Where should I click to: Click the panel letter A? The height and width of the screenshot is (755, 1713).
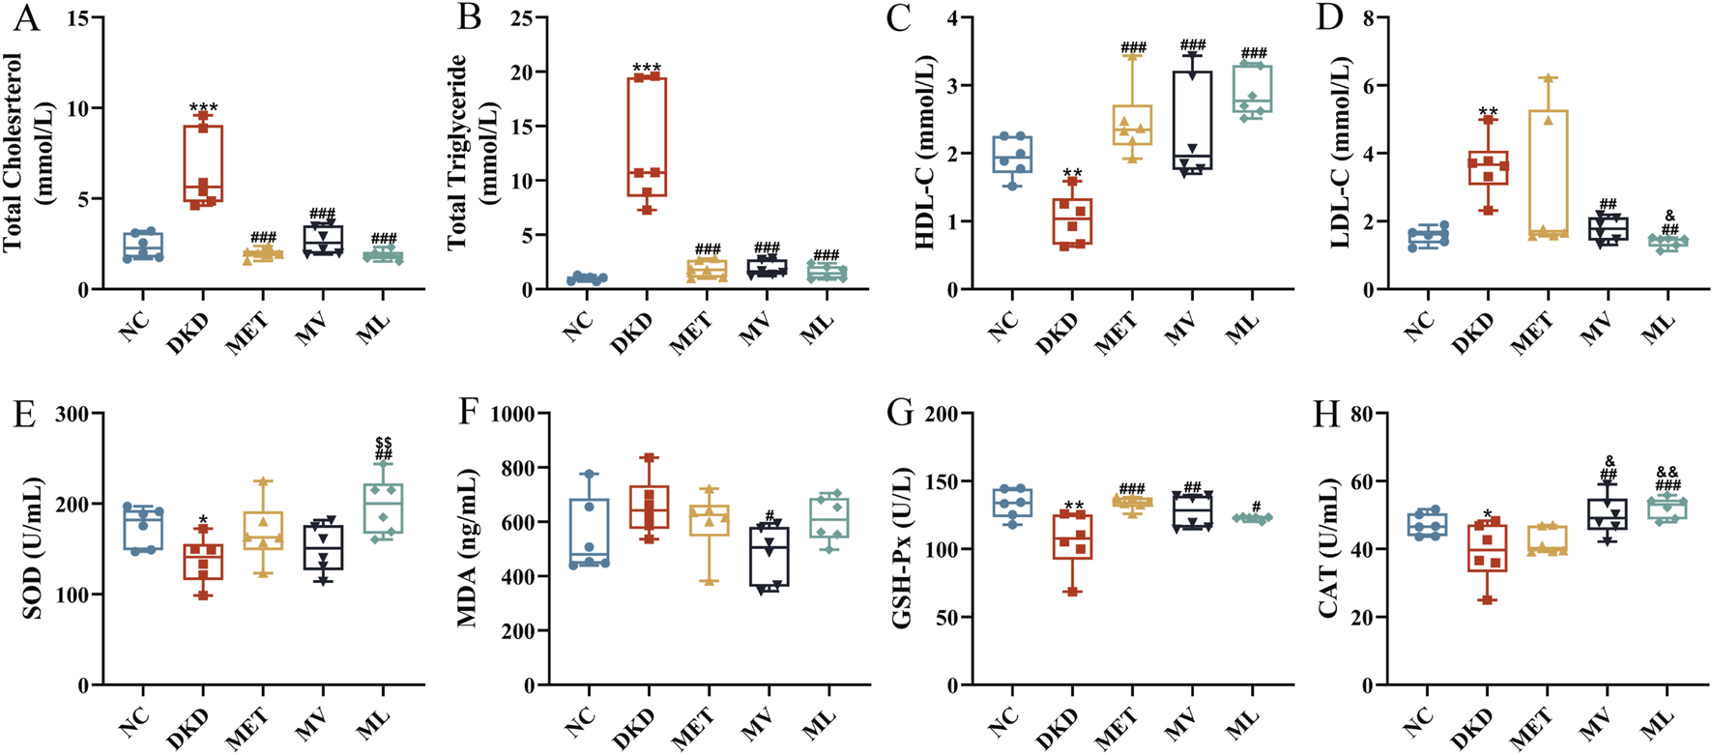point(26,18)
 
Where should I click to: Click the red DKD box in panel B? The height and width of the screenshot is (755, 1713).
point(647,135)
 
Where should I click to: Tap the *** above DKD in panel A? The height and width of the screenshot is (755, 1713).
point(204,107)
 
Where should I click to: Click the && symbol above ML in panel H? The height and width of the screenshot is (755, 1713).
point(1668,472)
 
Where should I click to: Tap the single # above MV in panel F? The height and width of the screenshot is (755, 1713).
point(770,514)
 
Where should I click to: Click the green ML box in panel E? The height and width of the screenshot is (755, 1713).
point(384,508)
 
